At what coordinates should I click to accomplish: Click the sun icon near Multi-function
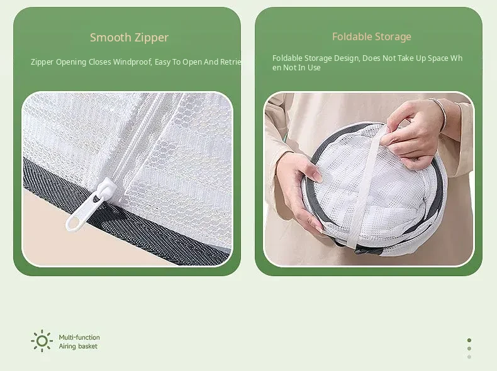(x=42, y=341)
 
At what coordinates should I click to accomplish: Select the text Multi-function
(x=79, y=337)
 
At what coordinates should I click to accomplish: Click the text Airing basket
(x=78, y=346)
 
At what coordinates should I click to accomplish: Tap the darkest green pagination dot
(x=469, y=340)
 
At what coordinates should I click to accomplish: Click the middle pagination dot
(x=469, y=348)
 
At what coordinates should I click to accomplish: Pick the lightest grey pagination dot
(x=469, y=357)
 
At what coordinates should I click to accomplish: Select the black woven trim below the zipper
(x=127, y=215)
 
